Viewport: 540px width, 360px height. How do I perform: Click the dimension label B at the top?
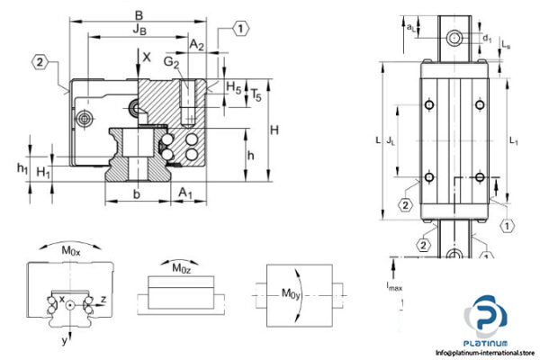(x=137, y=15)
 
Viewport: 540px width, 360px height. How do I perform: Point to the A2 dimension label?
(x=197, y=44)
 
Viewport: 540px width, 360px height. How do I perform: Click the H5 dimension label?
(x=234, y=87)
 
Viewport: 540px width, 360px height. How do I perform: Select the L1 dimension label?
(x=514, y=140)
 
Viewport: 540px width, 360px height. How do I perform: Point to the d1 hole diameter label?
(x=486, y=39)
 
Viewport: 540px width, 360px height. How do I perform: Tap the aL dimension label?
(x=411, y=28)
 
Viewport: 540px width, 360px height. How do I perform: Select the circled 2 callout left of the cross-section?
(x=40, y=62)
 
